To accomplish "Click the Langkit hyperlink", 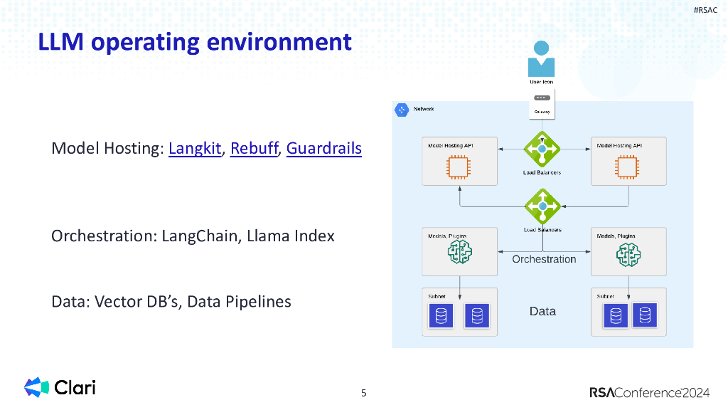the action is pyautogui.click(x=194, y=149).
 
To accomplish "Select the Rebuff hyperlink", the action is pyautogui.click(x=253, y=149).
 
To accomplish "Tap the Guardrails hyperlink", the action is pyautogui.click(x=323, y=149).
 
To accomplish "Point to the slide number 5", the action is pyautogui.click(x=364, y=393).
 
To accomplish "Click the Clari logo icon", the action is pyautogui.click(x=36, y=387).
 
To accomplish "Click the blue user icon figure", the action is pyautogui.click(x=541, y=59).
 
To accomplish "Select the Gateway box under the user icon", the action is pyautogui.click(x=542, y=104).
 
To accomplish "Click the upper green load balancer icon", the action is pyautogui.click(x=542, y=149).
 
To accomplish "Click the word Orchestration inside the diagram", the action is pyautogui.click(x=544, y=259).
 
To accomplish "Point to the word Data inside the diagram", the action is pyautogui.click(x=542, y=311).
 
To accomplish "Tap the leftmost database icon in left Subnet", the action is pyautogui.click(x=440, y=315).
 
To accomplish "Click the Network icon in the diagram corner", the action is pyautogui.click(x=401, y=110).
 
